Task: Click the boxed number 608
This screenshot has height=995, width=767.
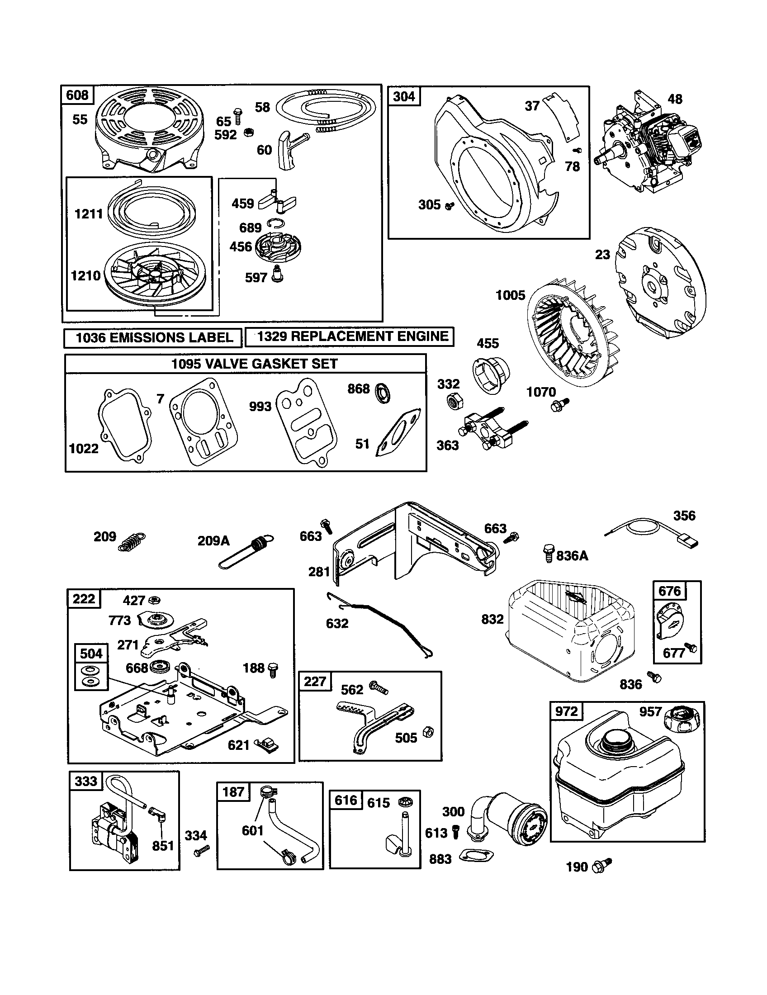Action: click(x=77, y=95)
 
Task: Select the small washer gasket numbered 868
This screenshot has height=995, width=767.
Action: click(x=383, y=393)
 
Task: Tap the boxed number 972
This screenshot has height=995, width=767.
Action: click(x=566, y=711)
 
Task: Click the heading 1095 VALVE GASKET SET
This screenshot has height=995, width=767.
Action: click(x=254, y=364)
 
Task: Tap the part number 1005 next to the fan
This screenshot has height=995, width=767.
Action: click(x=510, y=295)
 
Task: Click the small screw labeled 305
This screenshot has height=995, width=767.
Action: click(x=450, y=206)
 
